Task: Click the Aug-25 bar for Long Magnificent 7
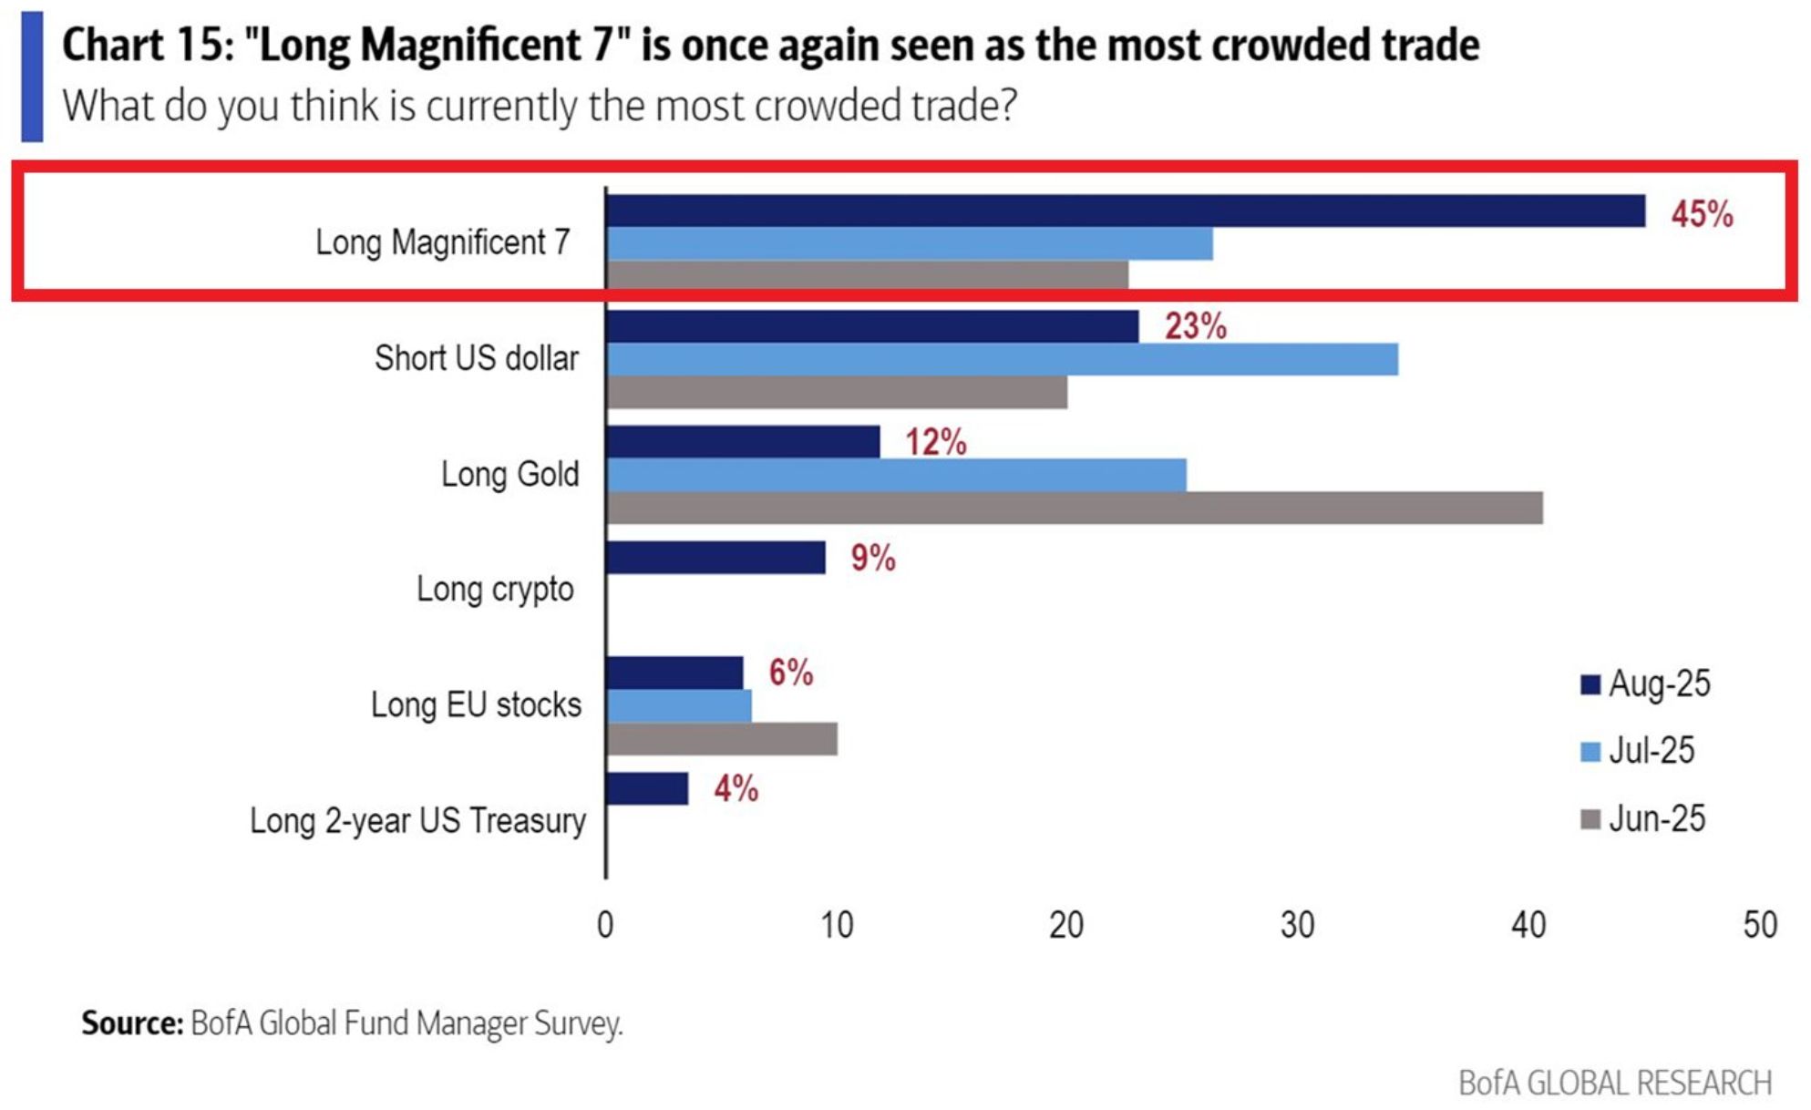pos(1125,211)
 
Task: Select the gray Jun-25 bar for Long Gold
pos(1074,508)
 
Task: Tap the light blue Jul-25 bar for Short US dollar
pos(1001,359)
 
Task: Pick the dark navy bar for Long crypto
pos(715,557)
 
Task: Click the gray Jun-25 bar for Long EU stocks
pos(722,739)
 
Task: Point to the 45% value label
pos(1701,214)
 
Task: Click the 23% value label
pos(1195,326)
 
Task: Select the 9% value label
pos(872,558)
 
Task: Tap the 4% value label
pos(736,788)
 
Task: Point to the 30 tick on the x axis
pos(1297,925)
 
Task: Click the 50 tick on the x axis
pos(1759,925)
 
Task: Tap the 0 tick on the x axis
pos(605,925)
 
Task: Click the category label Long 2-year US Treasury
pos(417,820)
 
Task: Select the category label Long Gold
pos(509,474)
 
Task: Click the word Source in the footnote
pos(132,1023)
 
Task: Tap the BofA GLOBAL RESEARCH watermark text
pos(1614,1083)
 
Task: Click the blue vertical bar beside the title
pos(32,77)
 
